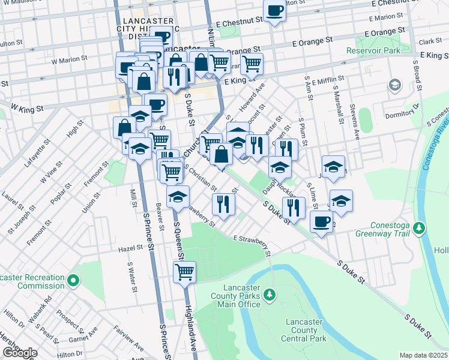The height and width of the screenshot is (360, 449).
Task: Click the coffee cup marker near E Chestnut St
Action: tap(274, 11)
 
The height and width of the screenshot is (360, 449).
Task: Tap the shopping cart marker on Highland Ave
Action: tap(184, 272)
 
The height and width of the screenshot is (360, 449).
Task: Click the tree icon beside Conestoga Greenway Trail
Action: tap(420, 227)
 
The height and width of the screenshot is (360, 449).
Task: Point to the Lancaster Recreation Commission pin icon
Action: tap(73, 280)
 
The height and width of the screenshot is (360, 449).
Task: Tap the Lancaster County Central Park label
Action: tap(305, 330)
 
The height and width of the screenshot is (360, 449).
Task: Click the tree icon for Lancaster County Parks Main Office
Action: tap(270, 294)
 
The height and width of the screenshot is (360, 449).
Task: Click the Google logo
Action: tap(19, 353)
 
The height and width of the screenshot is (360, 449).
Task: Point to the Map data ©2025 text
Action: tap(423, 355)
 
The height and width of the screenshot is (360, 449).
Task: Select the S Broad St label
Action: tap(415, 75)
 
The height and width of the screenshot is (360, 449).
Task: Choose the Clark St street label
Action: tap(430, 42)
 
